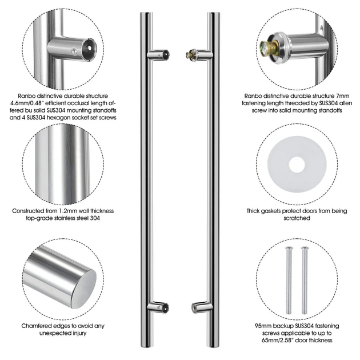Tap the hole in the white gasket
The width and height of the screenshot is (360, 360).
click(297, 165)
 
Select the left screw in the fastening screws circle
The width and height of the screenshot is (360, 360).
click(289, 281)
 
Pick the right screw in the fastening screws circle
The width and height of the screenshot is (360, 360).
click(305, 281)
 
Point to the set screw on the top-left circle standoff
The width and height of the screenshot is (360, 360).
click(74, 52)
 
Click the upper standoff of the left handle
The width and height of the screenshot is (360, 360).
click(158, 55)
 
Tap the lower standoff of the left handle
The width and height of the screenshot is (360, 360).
click(158, 307)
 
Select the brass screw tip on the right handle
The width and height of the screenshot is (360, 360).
click(189, 55)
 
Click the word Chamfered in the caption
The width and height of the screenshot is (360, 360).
click(37, 326)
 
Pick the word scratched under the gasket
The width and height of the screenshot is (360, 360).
click(297, 218)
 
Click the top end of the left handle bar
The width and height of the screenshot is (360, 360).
click(146, 13)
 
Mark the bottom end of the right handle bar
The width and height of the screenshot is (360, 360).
click(213, 346)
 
